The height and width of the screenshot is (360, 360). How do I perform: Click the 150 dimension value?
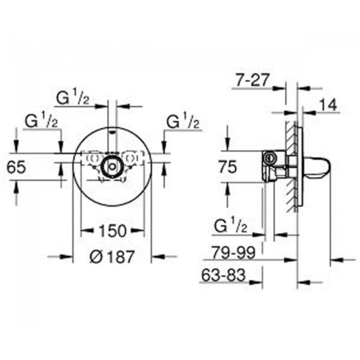click(x=113, y=231)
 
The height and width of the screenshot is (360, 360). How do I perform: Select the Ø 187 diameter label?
click(x=112, y=257)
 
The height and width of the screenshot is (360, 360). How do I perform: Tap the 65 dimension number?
click(x=16, y=167)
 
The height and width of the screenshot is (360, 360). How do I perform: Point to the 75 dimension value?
click(x=228, y=167)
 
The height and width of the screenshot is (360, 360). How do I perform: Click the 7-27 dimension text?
click(x=252, y=80)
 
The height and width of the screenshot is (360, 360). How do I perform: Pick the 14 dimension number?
click(x=328, y=105)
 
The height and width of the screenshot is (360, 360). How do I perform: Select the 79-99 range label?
click(x=233, y=252)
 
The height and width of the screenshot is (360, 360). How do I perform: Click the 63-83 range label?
click(x=223, y=275)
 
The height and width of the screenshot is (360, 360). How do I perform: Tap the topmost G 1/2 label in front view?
click(x=73, y=98)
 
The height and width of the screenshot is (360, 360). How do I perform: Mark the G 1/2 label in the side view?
click(x=231, y=226)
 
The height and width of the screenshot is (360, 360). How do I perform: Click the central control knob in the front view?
click(x=112, y=167)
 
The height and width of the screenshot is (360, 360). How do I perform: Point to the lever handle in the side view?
click(x=316, y=167)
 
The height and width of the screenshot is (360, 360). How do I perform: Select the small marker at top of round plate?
click(x=112, y=132)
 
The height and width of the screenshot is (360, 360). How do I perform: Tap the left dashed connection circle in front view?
click(x=94, y=158)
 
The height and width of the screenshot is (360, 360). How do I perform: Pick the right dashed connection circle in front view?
click(x=130, y=158)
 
